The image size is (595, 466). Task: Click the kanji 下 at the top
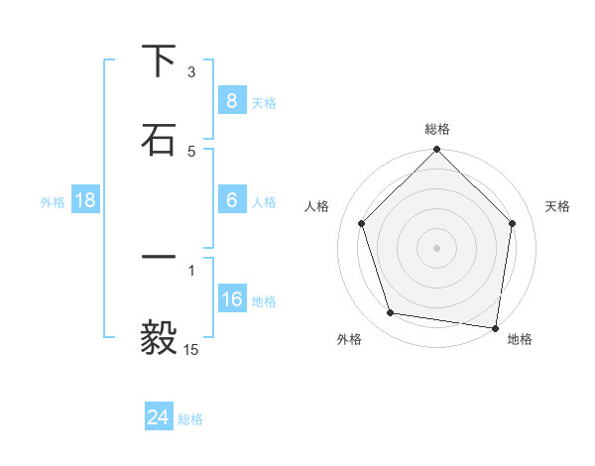coord(159,61)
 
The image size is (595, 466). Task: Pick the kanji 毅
coord(159,338)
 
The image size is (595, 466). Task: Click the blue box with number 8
coord(231,100)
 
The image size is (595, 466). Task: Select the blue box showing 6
coord(231,199)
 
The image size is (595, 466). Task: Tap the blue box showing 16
coord(231,298)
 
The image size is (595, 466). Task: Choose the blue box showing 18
coord(85,200)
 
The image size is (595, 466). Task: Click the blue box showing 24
coord(158,417)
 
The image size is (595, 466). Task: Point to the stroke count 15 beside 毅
coord(191,349)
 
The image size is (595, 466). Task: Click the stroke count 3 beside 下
coord(191,72)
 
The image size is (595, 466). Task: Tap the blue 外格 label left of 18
coord(53,201)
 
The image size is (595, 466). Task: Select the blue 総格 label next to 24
coord(191,419)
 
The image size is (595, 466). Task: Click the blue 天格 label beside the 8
coord(264,102)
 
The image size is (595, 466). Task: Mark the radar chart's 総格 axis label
coord(437,129)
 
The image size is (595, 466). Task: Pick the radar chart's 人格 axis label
coord(317,206)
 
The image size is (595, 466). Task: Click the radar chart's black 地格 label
coord(520,339)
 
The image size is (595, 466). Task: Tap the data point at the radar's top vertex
coord(437,151)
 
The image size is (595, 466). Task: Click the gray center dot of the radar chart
coord(437,247)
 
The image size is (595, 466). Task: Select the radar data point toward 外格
coord(391,313)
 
